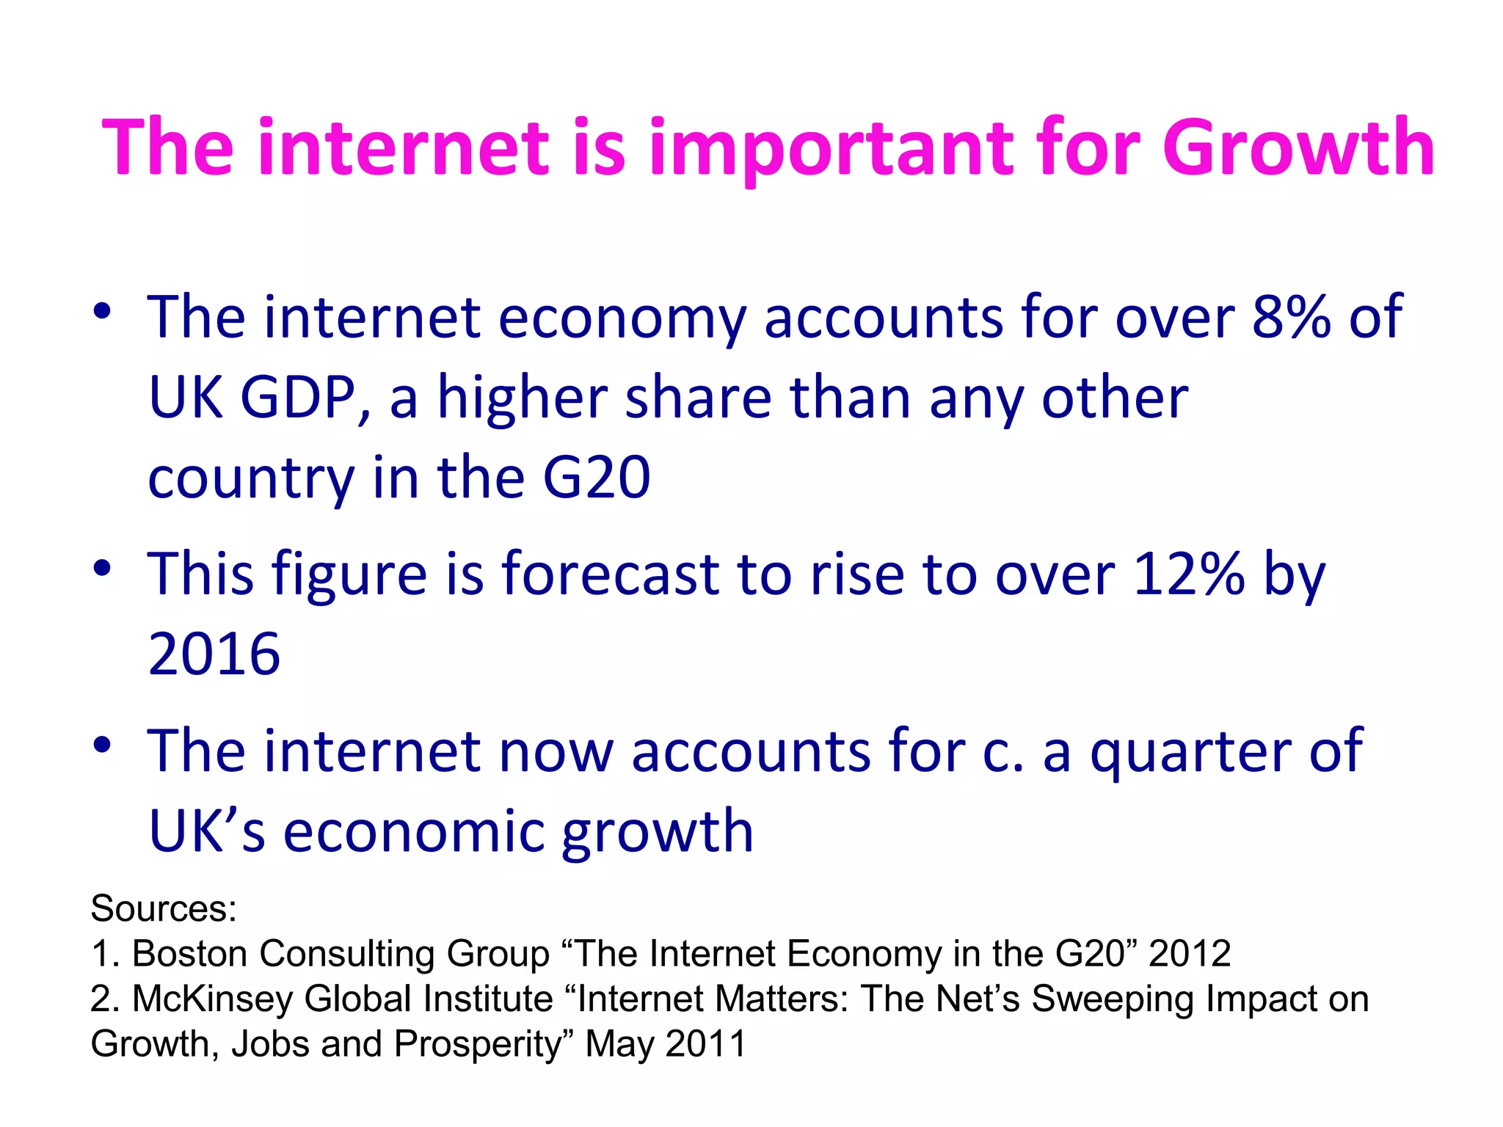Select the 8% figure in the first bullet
pyautogui.click(x=1291, y=317)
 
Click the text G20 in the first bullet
pyautogui.click(x=596, y=478)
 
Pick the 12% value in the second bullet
pyautogui.click(x=1188, y=574)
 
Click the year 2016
pyautogui.click(x=214, y=654)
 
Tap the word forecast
pyautogui.click(x=611, y=574)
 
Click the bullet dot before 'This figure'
pyautogui.click(x=102, y=568)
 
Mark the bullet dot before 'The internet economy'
pyautogui.click(x=102, y=311)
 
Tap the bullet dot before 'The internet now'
pyautogui.click(x=102, y=745)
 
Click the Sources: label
pyautogui.click(x=164, y=908)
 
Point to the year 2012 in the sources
pyautogui.click(x=1189, y=954)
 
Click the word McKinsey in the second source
pyautogui.click(x=212, y=999)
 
